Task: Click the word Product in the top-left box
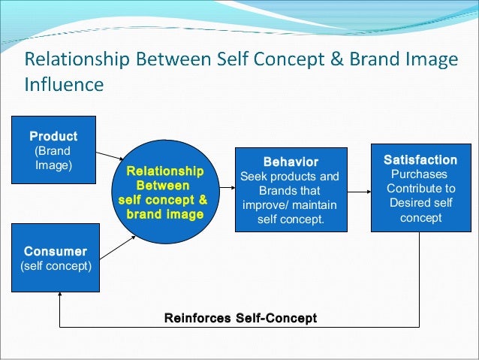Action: (x=53, y=136)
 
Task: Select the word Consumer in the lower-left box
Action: (x=55, y=250)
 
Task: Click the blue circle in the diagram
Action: (x=161, y=225)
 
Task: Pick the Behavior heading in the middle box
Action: (x=290, y=162)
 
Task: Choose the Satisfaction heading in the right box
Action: (x=420, y=159)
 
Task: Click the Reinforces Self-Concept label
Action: (x=240, y=318)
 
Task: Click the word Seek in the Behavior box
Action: (x=252, y=177)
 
